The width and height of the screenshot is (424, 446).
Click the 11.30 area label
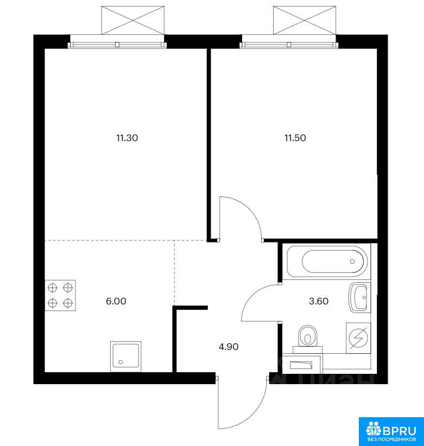click(x=127, y=138)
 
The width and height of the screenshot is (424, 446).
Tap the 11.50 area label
click(x=295, y=138)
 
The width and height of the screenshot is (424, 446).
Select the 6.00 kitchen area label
click(x=116, y=301)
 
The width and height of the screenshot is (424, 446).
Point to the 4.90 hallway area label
click(x=229, y=347)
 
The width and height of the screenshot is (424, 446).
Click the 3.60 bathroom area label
click(x=319, y=301)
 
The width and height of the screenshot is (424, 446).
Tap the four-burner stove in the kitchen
click(x=60, y=295)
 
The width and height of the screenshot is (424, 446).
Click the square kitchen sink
click(x=125, y=356)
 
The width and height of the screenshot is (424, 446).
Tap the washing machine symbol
click(x=358, y=337)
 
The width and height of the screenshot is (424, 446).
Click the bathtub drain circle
click(x=352, y=262)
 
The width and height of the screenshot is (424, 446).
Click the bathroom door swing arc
click(x=250, y=296)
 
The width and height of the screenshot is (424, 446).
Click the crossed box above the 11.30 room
click(x=133, y=20)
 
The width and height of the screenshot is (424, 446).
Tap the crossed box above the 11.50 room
click(x=305, y=20)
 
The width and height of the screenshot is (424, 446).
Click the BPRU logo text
click(x=400, y=431)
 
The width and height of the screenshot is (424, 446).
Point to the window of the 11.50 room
click(x=289, y=44)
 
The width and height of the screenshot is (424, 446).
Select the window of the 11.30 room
click(x=117, y=44)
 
